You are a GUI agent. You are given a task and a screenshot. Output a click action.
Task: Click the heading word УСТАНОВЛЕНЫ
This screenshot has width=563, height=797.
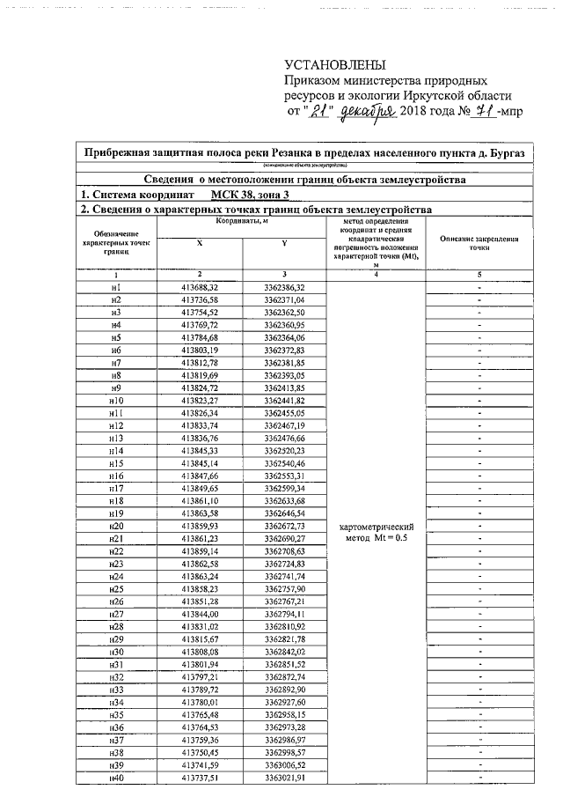coord(335,67)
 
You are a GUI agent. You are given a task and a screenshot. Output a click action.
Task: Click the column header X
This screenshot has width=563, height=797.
coord(199,243)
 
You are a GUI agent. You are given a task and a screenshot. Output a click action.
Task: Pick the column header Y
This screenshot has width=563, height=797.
coord(284,243)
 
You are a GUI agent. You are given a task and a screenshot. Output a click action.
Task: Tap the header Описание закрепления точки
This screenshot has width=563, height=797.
coord(479,243)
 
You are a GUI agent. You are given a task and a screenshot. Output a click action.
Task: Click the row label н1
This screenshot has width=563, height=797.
coord(115,288)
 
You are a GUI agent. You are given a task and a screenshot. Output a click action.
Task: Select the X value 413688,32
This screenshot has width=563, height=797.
coord(199,288)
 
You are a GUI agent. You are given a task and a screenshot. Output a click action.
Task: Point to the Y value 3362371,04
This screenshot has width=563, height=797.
coord(284,300)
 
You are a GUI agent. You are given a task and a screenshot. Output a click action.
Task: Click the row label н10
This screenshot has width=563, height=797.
coord(115,401)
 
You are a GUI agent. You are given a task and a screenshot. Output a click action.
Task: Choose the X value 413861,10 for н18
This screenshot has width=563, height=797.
coord(199,501)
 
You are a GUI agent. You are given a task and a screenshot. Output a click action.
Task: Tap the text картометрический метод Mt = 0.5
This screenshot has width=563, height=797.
coord(376,532)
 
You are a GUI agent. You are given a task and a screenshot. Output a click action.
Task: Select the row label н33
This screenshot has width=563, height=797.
coord(115,689)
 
